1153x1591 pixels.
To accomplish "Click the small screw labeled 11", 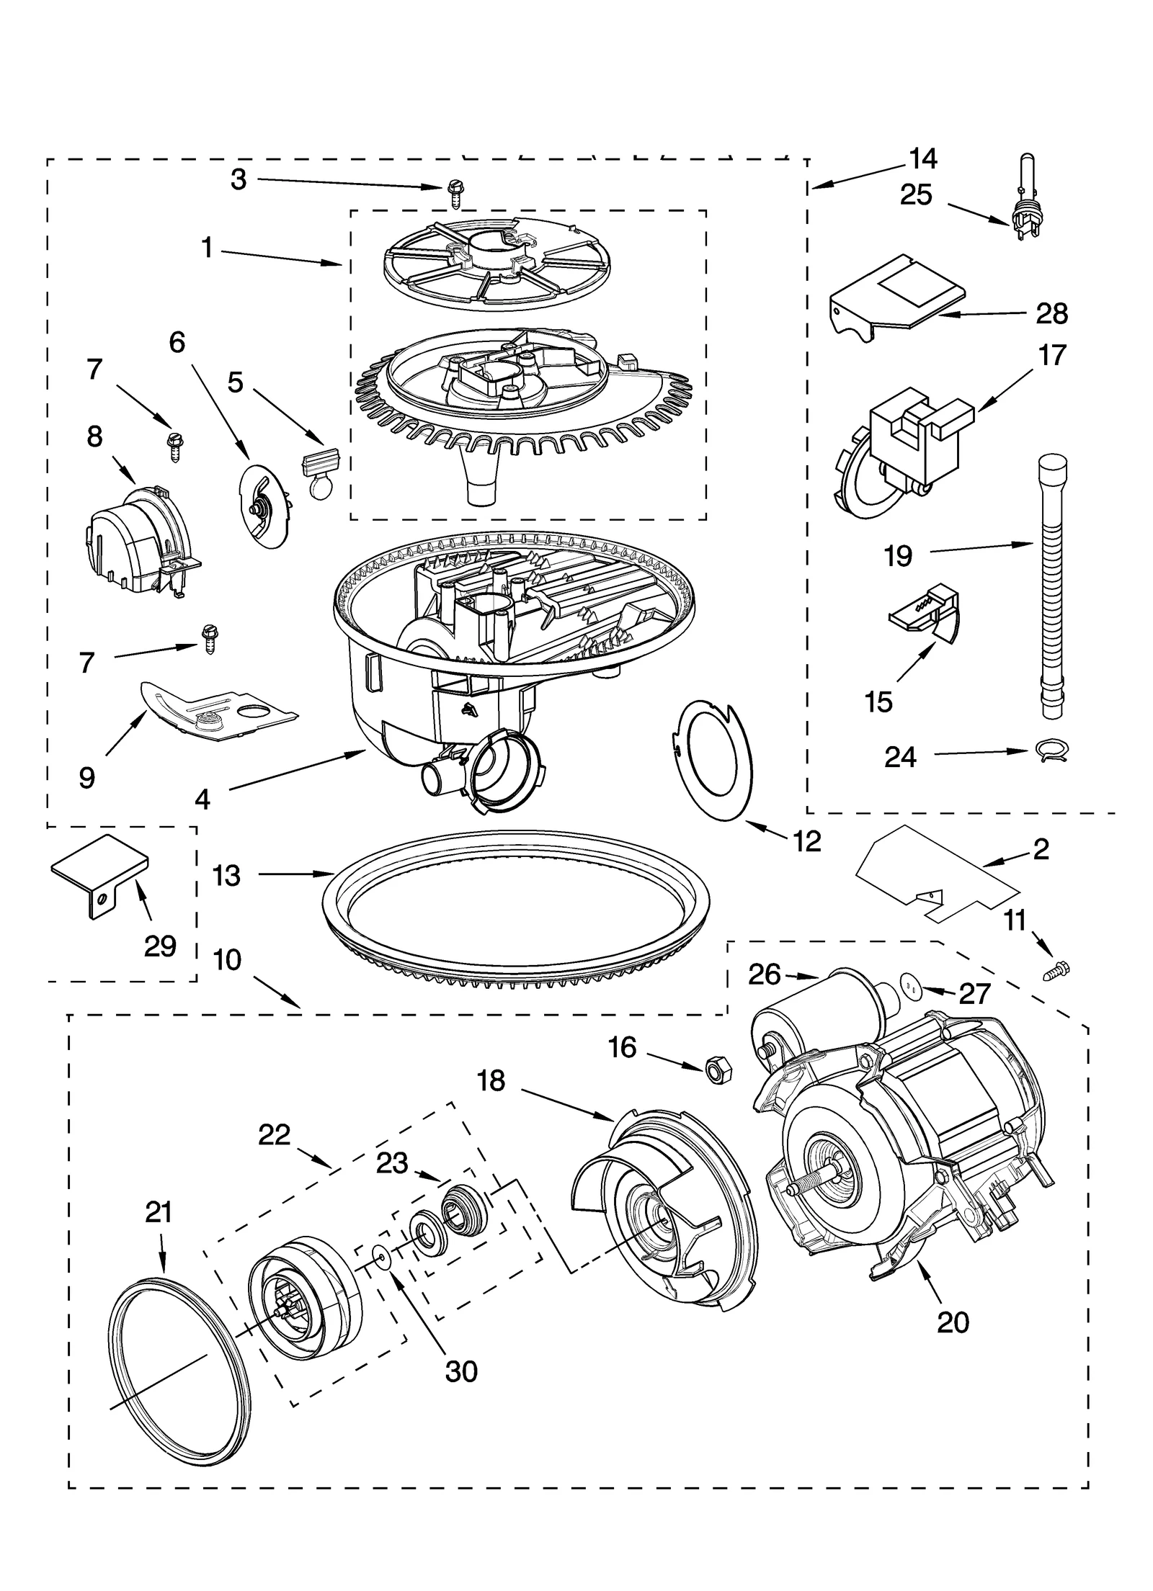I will pos(1058,972).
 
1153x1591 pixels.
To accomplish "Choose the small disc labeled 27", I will pos(912,985).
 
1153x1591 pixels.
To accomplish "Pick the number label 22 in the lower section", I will pos(274,1136).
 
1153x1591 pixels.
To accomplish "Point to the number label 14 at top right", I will pos(923,158).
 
